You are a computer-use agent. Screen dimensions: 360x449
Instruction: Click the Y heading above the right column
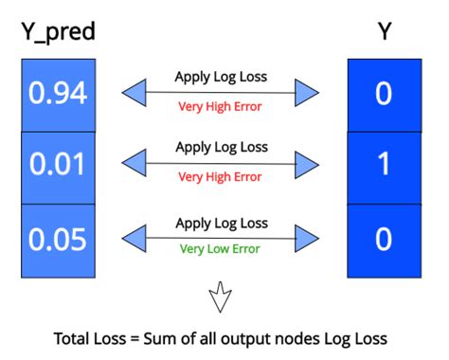pyautogui.click(x=384, y=33)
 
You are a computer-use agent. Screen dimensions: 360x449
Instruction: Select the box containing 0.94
pyautogui.click(x=58, y=93)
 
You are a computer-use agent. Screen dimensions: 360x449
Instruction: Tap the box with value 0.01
pyautogui.click(x=58, y=167)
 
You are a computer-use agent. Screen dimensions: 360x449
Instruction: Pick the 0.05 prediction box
pyautogui.click(x=58, y=240)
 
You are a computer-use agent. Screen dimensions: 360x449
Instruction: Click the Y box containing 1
pyautogui.click(x=384, y=167)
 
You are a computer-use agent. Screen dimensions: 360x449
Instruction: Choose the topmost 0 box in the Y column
pyautogui.click(x=384, y=93)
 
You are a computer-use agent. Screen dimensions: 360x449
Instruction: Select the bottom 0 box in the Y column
pyautogui.click(x=384, y=240)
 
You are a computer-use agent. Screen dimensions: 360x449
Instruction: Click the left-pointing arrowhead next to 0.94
pyautogui.click(x=134, y=93)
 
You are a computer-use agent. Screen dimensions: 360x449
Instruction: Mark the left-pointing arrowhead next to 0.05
pyautogui.click(x=134, y=238)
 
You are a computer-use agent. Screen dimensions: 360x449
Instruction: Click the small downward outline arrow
pyautogui.click(x=221, y=296)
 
